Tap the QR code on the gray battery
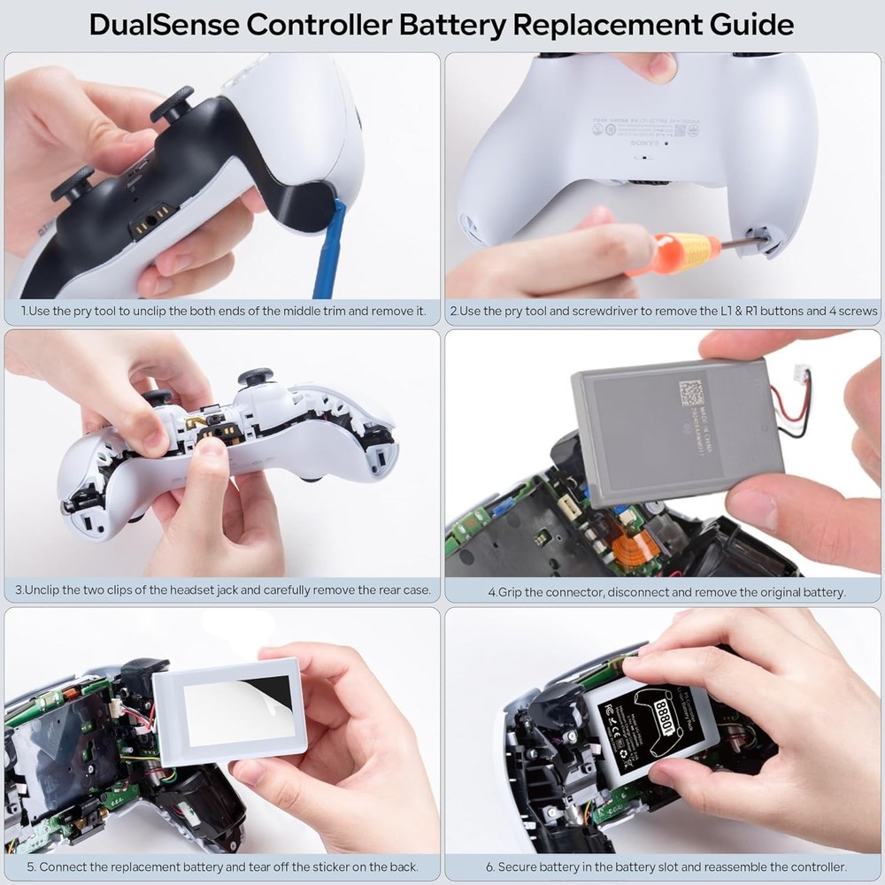pyautogui.click(x=691, y=392)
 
